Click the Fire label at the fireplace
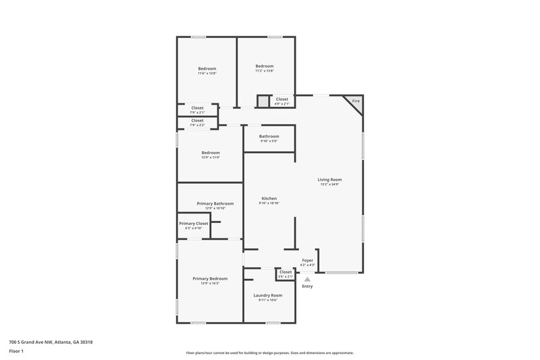(356, 101)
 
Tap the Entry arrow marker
(307, 278)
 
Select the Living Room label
(330, 179)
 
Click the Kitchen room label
(269, 198)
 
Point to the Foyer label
(307, 259)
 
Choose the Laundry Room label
(267, 295)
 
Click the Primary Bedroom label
(210, 278)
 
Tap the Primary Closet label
(193, 223)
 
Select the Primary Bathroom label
(215, 203)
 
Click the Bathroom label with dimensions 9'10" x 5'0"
(269, 136)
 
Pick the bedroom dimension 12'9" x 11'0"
(210, 157)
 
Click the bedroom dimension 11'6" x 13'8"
(207, 73)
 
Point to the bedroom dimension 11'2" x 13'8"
(264, 71)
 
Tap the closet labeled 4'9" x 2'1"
(282, 104)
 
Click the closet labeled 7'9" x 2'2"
(197, 126)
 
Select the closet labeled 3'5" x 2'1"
(286, 276)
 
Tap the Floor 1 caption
(16, 352)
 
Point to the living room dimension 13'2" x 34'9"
(330, 184)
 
